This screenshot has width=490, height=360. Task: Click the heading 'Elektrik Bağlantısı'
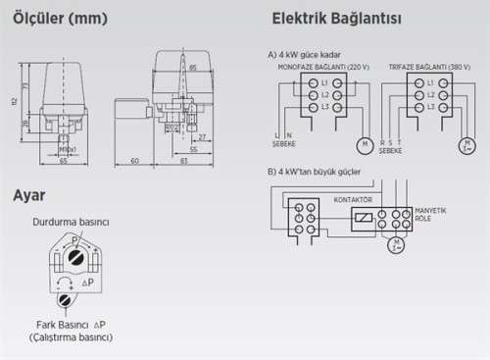[x=338, y=19]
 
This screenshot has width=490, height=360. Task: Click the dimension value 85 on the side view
[x=193, y=68]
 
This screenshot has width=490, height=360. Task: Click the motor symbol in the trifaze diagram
[x=467, y=146]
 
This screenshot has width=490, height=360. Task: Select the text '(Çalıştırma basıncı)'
[x=70, y=336]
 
